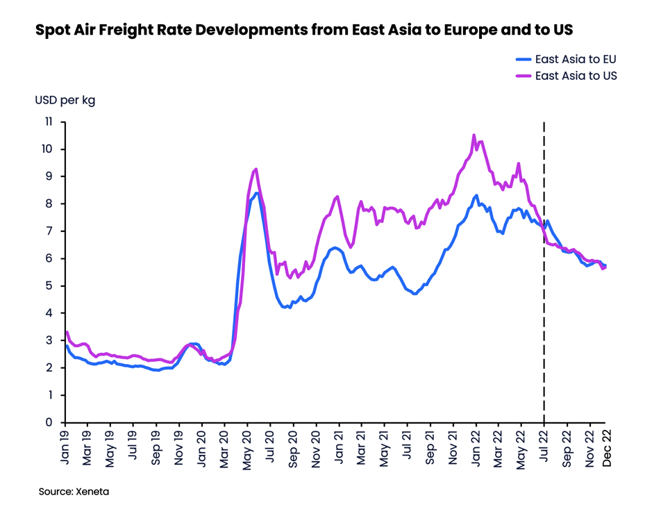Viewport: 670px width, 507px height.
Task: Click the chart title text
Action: pyautogui.click(x=304, y=31)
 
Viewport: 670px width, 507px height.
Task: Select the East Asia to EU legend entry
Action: pyautogui.click(x=575, y=59)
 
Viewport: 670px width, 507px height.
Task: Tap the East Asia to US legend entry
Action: pyautogui.click(x=575, y=76)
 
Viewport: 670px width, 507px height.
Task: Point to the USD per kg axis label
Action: pyautogui.click(x=65, y=100)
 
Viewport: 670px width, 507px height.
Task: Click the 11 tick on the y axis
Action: pyautogui.click(x=48, y=122)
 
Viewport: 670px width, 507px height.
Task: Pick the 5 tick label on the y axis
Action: pyautogui.click(x=49, y=285)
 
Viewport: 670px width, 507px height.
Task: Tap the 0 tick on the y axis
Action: pyautogui.click(x=49, y=422)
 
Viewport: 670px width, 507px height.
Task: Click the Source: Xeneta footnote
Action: pyautogui.click(x=74, y=491)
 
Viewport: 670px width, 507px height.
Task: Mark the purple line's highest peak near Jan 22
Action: pyautogui.click(x=474, y=135)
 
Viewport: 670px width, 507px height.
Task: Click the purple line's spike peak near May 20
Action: pyautogui.click(x=256, y=169)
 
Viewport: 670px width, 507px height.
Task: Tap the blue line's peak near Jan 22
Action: pyautogui.click(x=476, y=195)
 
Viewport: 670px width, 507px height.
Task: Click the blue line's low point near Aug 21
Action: pyautogui.click(x=415, y=294)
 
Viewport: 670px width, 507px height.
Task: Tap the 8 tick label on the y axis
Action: pyautogui.click(x=49, y=203)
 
